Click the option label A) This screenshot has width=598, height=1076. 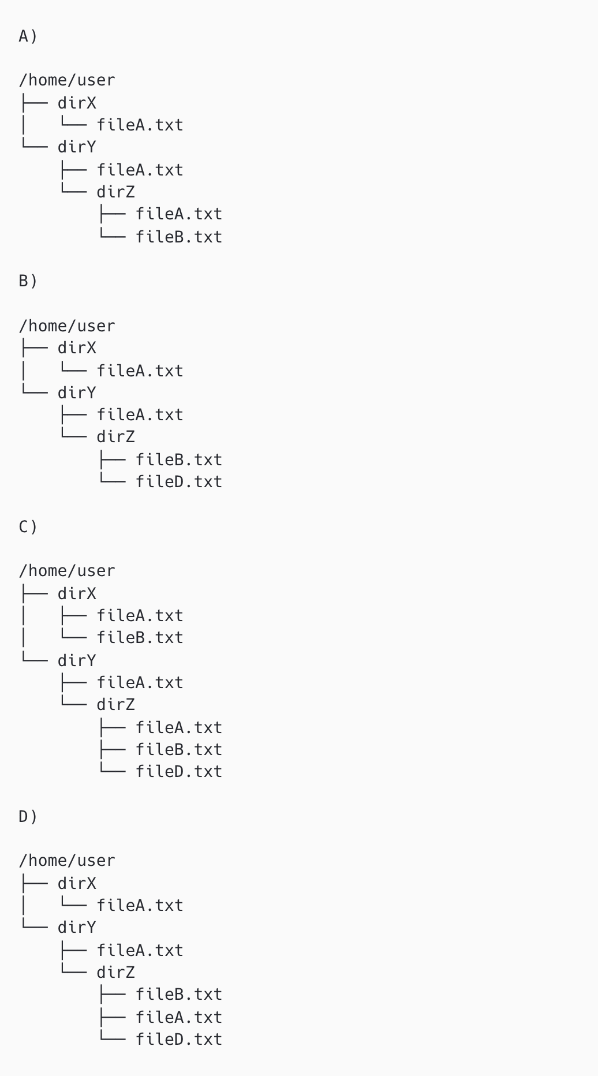28,36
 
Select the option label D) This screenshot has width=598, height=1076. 28,817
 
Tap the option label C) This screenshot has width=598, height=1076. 28,527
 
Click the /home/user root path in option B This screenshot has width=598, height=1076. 67,326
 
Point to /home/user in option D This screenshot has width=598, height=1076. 67,861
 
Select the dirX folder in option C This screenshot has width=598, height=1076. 77,594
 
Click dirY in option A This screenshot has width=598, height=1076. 77,147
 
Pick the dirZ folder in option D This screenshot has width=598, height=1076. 115,973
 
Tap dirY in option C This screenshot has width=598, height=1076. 77,661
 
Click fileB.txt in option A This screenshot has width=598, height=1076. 179,237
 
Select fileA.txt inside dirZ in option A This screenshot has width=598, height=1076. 179,214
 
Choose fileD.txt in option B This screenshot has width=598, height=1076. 179,482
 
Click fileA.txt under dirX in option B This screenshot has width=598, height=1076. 140,371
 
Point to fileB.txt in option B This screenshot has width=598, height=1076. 179,460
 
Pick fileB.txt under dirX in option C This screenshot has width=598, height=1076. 140,638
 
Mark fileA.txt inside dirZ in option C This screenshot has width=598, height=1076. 179,728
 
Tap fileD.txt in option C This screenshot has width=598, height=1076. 179,772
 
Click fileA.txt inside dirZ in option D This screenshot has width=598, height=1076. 179,1018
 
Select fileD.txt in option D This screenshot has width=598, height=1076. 179,1040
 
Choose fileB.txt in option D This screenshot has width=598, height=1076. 179,995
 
